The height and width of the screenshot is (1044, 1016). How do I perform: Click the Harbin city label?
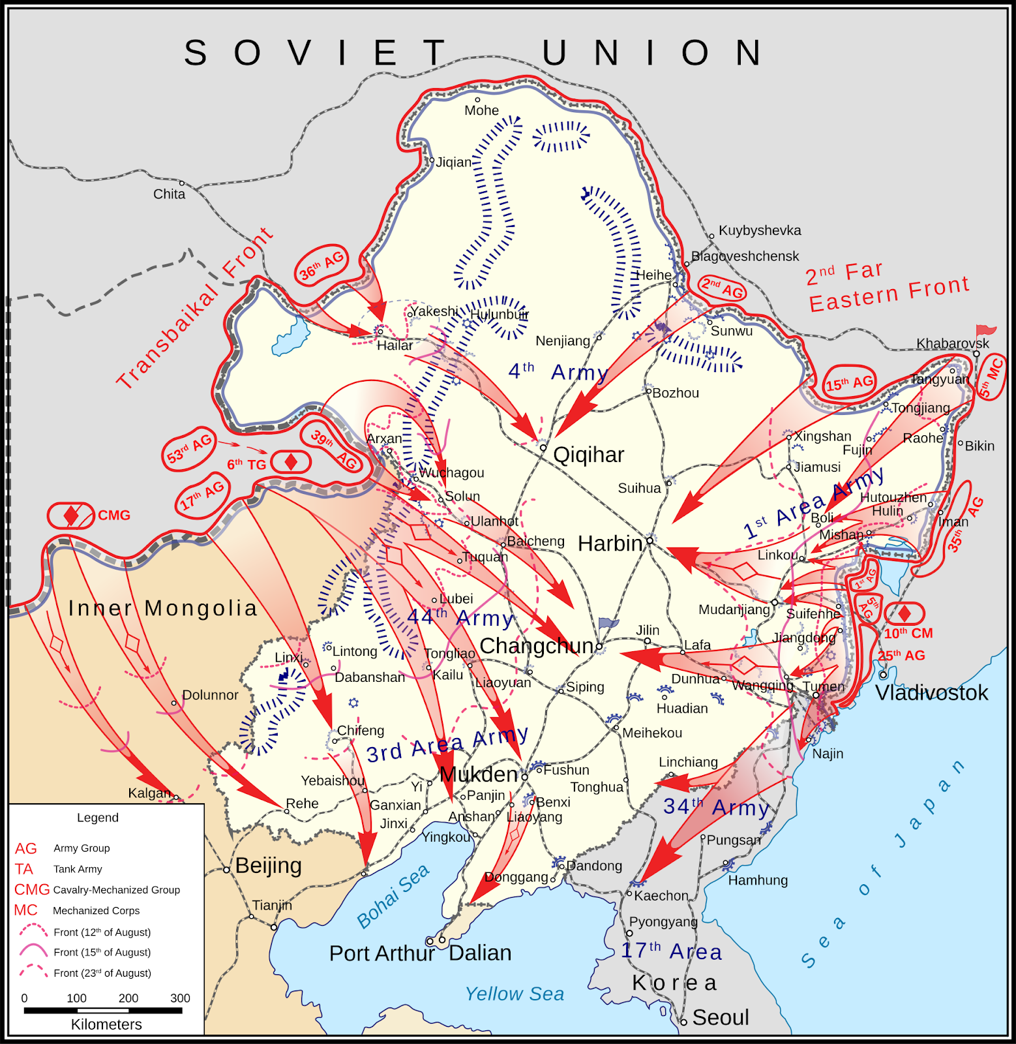pyautogui.click(x=610, y=543)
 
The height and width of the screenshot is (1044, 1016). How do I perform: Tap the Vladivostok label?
pyautogui.click(x=931, y=692)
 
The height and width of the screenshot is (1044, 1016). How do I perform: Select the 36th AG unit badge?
pyautogui.click(x=321, y=264)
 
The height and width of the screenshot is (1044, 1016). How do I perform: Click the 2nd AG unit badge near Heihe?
pyautogui.click(x=722, y=288)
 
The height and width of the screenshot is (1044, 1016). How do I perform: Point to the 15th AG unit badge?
pyautogui.click(x=849, y=383)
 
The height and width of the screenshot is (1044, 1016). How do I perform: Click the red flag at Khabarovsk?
pyautogui.click(x=985, y=331)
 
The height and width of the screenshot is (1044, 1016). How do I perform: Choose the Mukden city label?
pyautogui.click(x=479, y=775)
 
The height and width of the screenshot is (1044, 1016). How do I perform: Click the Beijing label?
pyautogui.click(x=268, y=866)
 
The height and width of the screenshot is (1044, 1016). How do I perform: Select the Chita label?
pyautogui.click(x=169, y=194)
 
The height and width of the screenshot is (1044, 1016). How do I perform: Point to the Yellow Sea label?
pyautogui.click(x=514, y=994)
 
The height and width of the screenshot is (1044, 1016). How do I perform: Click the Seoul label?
pyautogui.click(x=721, y=1017)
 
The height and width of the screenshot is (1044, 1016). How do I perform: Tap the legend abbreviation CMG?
pyautogui.click(x=32, y=889)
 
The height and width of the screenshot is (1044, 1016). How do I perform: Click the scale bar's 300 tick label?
pyautogui.click(x=180, y=998)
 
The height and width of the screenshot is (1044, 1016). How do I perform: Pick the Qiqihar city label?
pyautogui.click(x=588, y=455)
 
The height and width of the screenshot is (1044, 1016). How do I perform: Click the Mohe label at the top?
pyautogui.click(x=481, y=110)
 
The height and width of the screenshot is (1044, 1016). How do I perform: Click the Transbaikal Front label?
pyautogui.click(x=194, y=308)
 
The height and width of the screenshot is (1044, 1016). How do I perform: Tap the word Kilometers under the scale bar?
pyautogui.click(x=106, y=1024)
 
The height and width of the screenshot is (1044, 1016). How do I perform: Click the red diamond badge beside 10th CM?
pyautogui.click(x=904, y=613)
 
